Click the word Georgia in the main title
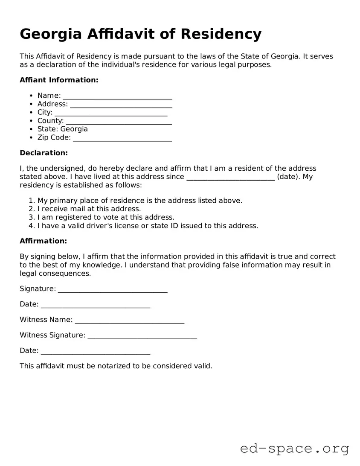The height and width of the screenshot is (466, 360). point(50,34)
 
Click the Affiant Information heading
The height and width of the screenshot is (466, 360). point(59,80)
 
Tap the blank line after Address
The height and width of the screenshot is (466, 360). point(121,105)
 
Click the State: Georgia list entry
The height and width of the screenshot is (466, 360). point(62,129)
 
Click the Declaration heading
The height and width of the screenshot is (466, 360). point(44,153)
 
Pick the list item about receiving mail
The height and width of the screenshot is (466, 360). point(89,209)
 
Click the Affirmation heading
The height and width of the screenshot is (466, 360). point(43,241)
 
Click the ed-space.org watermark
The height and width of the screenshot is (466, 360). point(294,449)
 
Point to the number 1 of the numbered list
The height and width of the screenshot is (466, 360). point(31,201)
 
